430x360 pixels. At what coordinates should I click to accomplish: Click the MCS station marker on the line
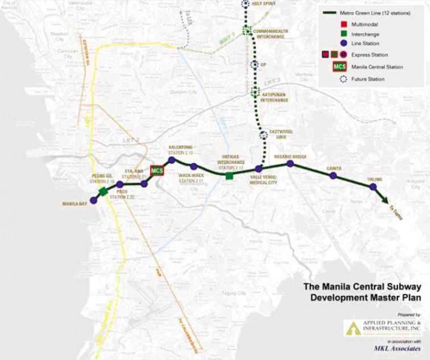(x=157, y=171)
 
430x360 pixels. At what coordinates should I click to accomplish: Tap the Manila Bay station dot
(x=93, y=200)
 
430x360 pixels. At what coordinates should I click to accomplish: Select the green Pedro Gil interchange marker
(x=103, y=191)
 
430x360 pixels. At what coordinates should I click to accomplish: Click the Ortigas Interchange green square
(x=229, y=176)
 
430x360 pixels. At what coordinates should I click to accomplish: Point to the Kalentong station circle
(x=172, y=160)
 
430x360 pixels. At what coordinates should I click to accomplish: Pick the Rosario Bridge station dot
(x=290, y=163)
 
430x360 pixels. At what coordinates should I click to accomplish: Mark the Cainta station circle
(x=333, y=175)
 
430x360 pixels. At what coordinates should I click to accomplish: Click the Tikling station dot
(x=373, y=187)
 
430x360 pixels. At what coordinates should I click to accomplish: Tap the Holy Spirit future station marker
(x=245, y=4)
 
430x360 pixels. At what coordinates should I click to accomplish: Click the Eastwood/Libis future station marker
(x=263, y=135)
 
